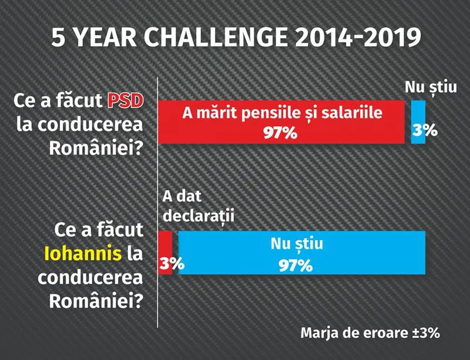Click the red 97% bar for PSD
point(281,122)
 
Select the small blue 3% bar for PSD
point(418,122)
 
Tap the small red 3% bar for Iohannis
point(165,253)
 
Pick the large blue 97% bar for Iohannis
point(301,253)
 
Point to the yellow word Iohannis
point(83,254)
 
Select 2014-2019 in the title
point(358,38)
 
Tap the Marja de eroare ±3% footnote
point(370,333)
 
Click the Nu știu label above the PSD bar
point(431,88)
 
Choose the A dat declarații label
point(198,206)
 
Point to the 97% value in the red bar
point(281,133)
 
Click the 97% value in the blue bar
point(296,265)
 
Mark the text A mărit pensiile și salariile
point(282,113)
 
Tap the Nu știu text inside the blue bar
point(297,244)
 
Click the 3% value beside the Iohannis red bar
point(172,264)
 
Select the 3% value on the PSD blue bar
point(425,131)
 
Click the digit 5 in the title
point(58,38)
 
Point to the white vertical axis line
point(157,203)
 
